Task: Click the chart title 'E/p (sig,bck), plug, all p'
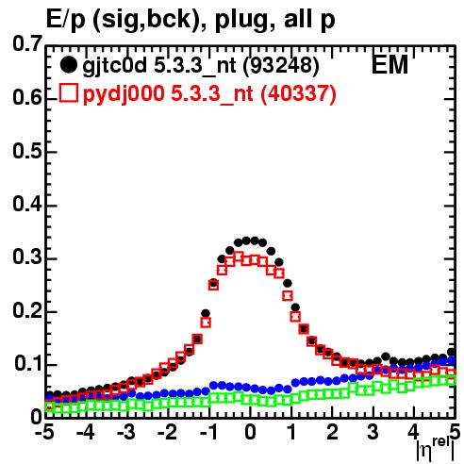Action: tap(191, 20)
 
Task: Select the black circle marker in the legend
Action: tap(68, 65)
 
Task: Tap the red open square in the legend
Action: tap(68, 92)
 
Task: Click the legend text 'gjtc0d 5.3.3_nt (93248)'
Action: tap(201, 66)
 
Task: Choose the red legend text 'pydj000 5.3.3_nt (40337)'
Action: tap(209, 93)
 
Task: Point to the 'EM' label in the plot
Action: tap(389, 64)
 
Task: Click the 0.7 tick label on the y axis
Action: tap(27, 43)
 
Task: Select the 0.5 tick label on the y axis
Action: tap(27, 151)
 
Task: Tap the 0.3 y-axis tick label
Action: tap(27, 257)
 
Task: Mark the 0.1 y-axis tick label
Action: tap(28, 364)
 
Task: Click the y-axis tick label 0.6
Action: tap(27, 97)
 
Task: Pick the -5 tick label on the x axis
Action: tap(44, 433)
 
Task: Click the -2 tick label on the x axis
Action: tap(167, 433)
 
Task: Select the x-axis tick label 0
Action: tap(250, 433)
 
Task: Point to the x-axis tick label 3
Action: tap(373, 433)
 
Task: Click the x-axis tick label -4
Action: tap(86, 433)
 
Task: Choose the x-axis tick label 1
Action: tap(292, 433)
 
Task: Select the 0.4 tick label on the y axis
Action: tap(27, 204)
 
